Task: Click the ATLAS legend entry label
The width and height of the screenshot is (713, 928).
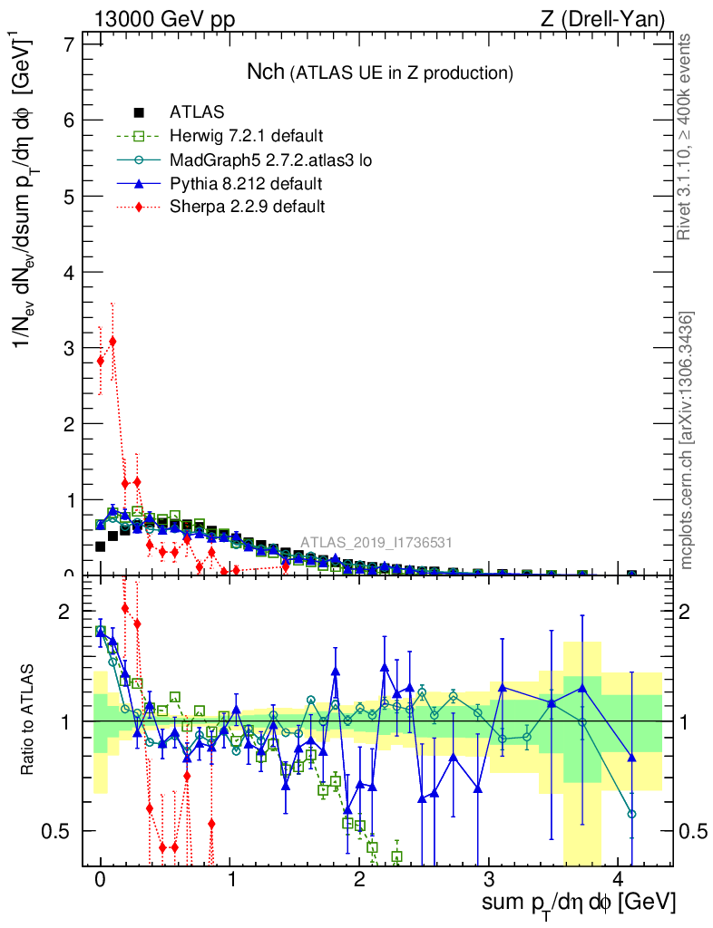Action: click(x=197, y=112)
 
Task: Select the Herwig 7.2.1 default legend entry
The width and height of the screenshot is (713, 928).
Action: click(x=246, y=137)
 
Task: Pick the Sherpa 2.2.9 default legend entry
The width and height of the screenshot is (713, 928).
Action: click(x=248, y=207)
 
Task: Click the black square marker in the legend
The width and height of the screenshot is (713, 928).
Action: click(x=139, y=112)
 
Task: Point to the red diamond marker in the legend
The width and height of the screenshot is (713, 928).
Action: click(x=139, y=207)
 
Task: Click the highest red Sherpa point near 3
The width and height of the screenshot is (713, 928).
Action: click(x=112, y=342)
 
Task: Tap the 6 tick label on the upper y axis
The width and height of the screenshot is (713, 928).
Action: click(x=67, y=121)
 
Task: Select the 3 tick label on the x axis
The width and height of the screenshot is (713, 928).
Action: click(x=490, y=880)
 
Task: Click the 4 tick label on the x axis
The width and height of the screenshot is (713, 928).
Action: click(x=619, y=880)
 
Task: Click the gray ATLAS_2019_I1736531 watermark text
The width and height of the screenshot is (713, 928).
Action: click(x=377, y=543)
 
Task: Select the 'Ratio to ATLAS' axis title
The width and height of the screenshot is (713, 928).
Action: click(x=30, y=720)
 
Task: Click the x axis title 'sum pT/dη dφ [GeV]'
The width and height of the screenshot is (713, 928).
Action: click(x=580, y=903)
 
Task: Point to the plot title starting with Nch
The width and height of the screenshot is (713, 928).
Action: click(x=380, y=72)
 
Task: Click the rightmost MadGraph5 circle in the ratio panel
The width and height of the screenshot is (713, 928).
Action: click(x=632, y=814)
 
